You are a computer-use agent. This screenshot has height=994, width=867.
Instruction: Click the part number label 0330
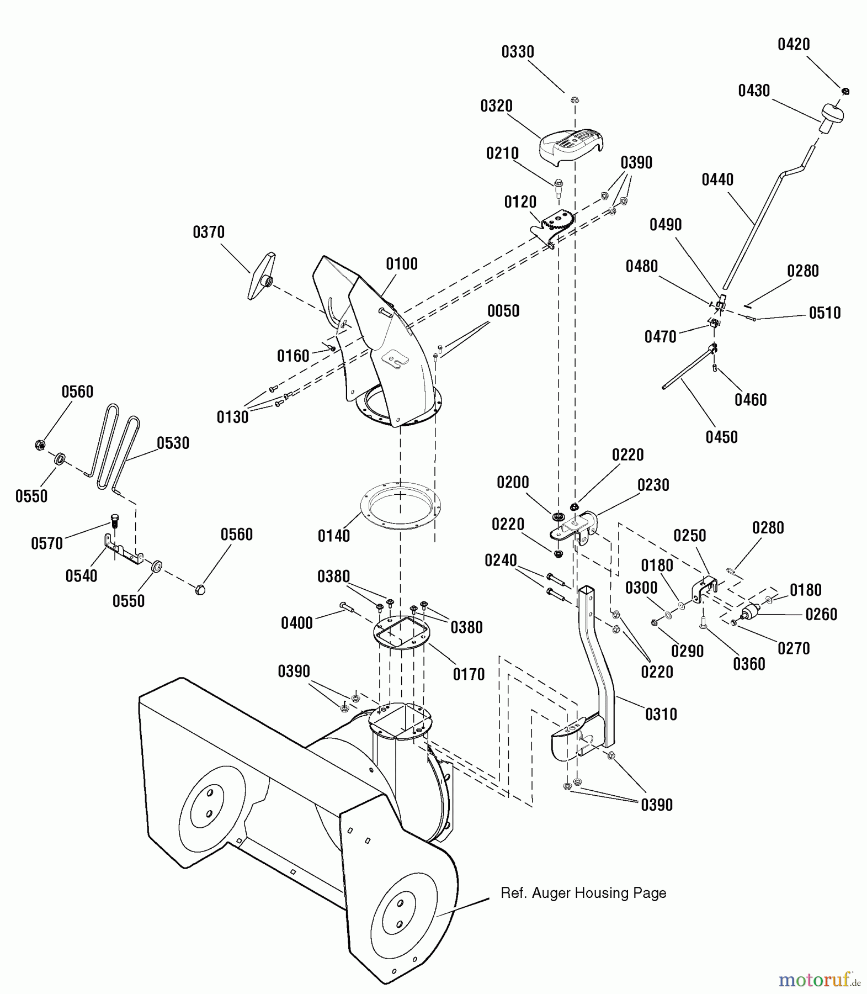(518, 52)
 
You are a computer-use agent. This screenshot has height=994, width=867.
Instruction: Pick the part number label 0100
(402, 264)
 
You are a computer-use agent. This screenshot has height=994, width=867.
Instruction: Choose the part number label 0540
(81, 576)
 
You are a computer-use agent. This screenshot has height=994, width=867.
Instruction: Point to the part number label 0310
(661, 715)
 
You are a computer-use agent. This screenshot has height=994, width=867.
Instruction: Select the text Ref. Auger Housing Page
(583, 893)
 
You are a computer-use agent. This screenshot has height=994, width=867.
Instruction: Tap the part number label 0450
(722, 437)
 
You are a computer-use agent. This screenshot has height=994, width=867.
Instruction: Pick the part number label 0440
(717, 179)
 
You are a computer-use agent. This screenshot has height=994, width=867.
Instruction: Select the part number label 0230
(653, 485)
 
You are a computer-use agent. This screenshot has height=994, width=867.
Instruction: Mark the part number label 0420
(794, 44)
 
